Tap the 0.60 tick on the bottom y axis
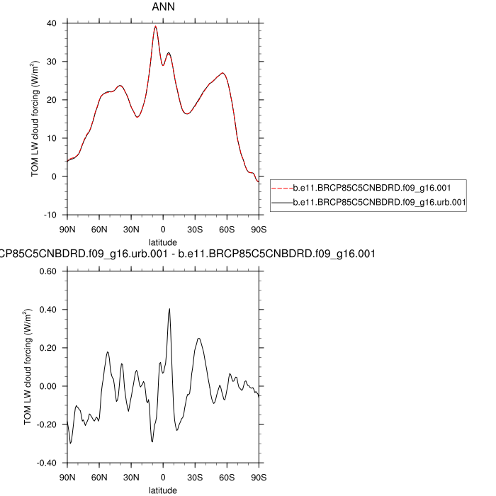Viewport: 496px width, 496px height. coord(47,271)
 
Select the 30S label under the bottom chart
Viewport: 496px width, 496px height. coord(195,477)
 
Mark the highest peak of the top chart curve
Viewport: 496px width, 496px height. coord(155,26)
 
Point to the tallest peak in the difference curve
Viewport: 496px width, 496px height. coord(169,309)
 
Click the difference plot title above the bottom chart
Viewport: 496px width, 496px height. coord(187,253)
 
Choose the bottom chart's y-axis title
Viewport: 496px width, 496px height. coord(27,367)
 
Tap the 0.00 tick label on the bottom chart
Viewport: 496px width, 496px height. coord(47,386)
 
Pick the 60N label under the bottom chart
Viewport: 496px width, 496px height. coord(99,477)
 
